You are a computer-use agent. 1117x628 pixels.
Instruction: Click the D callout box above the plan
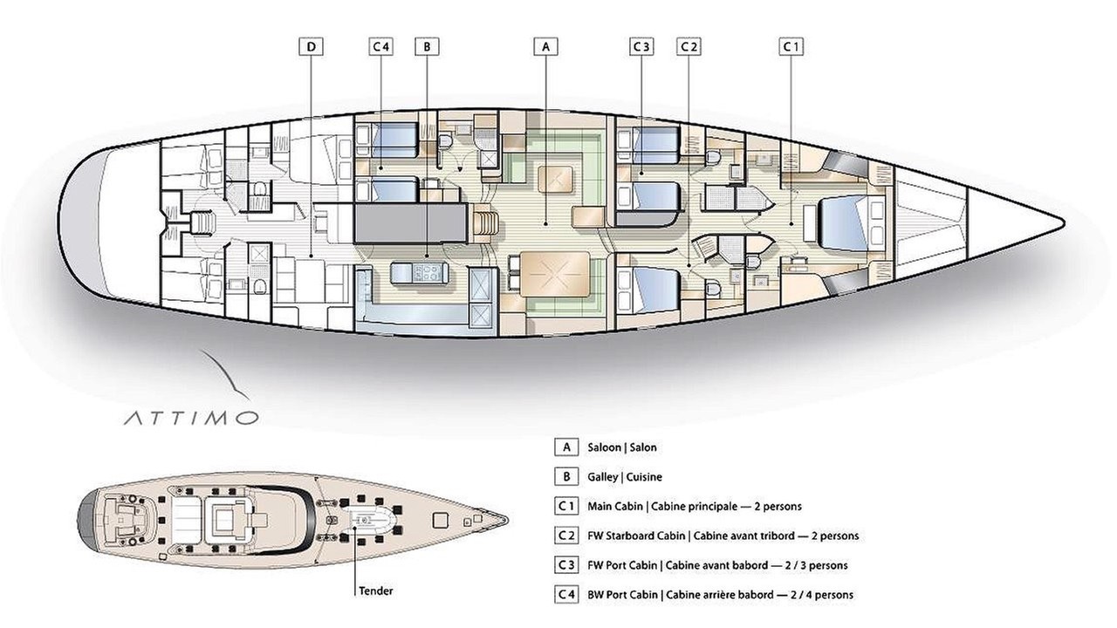point(312,47)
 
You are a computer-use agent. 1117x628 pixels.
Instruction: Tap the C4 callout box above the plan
point(380,47)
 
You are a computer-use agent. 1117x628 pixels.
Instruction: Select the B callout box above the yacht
point(427,47)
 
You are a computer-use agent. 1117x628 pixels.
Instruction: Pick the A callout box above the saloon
point(545,47)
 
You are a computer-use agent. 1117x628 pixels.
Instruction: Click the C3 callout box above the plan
point(641,47)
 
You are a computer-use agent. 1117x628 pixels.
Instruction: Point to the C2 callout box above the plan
point(689,47)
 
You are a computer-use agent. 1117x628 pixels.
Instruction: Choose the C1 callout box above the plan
point(791,47)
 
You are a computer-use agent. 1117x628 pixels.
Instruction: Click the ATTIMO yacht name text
point(191,418)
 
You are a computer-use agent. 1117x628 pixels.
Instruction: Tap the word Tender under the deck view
point(376,591)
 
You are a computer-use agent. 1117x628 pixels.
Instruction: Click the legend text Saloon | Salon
point(622,447)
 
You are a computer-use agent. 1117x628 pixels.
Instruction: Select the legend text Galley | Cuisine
point(625,477)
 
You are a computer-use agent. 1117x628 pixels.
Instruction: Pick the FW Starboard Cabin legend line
point(723,536)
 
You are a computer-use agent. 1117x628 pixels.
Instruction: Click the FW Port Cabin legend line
point(717,565)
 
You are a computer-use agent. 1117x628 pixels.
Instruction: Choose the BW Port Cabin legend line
point(721,595)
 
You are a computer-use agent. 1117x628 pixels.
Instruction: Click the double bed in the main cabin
point(844,222)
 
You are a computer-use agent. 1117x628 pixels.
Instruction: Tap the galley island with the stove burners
point(419,274)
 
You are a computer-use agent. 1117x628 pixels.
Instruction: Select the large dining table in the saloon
point(555,274)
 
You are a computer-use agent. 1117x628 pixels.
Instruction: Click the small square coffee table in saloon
point(555,180)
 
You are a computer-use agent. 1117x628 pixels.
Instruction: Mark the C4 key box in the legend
point(566,595)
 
